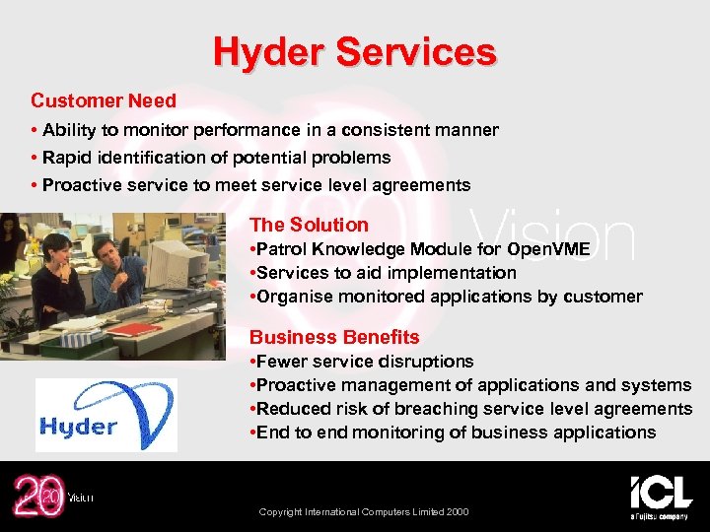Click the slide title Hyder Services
pyautogui.click(x=355, y=51)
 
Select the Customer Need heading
pyautogui.click(x=104, y=100)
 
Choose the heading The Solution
pyautogui.click(x=309, y=225)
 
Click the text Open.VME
pyautogui.click(x=548, y=249)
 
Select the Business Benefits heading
pyautogui.click(x=334, y=337)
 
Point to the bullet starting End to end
pyautogui.click(x=454, y=432)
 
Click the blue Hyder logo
pyautogui.click(x=106, y=415)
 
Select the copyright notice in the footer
pyautogui.click(x=363, y=512)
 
